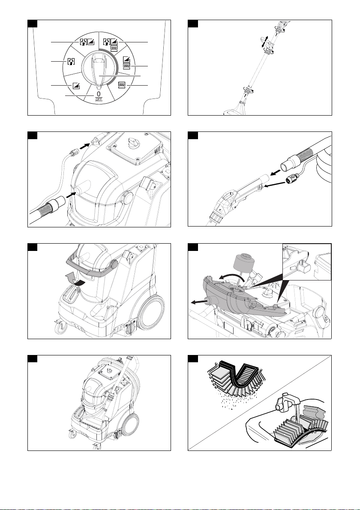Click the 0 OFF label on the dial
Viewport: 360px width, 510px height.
(x=99, y=96)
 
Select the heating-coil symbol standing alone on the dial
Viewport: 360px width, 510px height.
(x=122, y=85)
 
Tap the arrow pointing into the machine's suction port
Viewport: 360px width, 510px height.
(x=71, y=194)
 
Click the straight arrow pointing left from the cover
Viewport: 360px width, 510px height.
(x=199, y=302)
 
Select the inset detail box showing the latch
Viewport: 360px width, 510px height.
(x=307, y=262)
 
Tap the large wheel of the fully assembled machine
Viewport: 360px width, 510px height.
(x=131, y=424)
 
